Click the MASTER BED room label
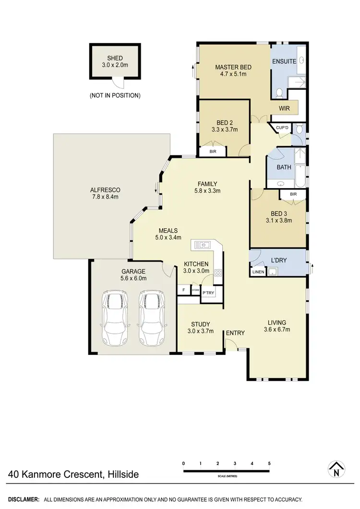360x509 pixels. click(233, 67)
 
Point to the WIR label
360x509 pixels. click(285, 108)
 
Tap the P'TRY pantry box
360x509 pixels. click(208, 293)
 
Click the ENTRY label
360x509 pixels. click(235, 333)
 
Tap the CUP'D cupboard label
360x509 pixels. click(282, 128)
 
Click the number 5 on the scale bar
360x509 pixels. click(270, 463)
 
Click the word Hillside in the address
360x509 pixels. click(122, 475)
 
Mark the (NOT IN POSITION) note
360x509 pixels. click(115, 95)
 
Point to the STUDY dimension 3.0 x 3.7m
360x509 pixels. click(201, 331)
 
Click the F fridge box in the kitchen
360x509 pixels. click(183, 290)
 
